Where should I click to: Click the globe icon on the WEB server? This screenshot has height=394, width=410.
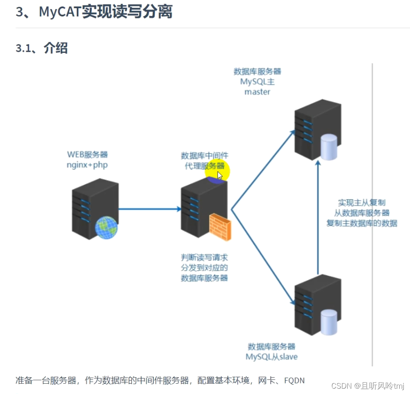coord(106,228)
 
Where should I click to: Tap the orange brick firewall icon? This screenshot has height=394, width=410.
coord(220,227)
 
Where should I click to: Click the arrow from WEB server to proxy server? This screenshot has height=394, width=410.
coord(150,209)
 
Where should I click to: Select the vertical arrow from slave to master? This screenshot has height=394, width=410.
coord(318,218)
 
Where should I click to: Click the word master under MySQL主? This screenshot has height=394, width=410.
coord(257,92)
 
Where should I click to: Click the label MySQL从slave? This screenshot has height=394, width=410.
coord(271,357)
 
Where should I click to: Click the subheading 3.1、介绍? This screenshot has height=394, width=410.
coord(41,48)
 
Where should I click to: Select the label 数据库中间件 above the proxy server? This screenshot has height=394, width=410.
coord(205,156)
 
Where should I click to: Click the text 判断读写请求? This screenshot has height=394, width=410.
coord(204,258)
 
